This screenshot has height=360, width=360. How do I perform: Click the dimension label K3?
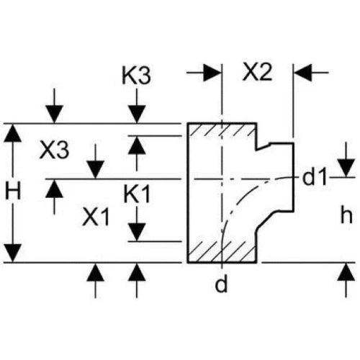(x=136, y=75)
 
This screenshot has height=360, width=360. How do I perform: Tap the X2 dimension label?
(x=257, y=71)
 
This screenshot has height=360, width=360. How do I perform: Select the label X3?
(x=54, y=150)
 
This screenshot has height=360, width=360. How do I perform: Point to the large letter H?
(x=13, y=191)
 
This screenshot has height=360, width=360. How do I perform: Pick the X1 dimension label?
(x=96, y=217)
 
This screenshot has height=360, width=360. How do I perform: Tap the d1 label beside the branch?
(x=315, y=178)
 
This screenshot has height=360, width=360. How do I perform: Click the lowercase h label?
(x=346, y=215)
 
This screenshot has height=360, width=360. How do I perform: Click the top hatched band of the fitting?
(x=221, y=130)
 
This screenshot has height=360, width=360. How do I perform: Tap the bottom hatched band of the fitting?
(x=221, y=251)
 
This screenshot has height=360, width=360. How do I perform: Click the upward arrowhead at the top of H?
(x=12, y=133)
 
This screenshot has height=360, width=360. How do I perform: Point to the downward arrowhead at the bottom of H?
(x=12, y=253)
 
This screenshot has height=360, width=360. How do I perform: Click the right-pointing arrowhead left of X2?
(x=212, y=72)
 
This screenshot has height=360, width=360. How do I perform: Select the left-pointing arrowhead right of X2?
(x=303, y=72)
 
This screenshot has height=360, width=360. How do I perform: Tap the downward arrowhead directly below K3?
(x=137, y=114)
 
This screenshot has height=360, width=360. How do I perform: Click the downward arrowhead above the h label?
(x=346, y=168)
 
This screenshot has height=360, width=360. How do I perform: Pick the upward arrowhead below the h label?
(x=346, y=272)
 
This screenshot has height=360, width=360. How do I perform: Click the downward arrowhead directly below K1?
(x=137, y=232)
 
